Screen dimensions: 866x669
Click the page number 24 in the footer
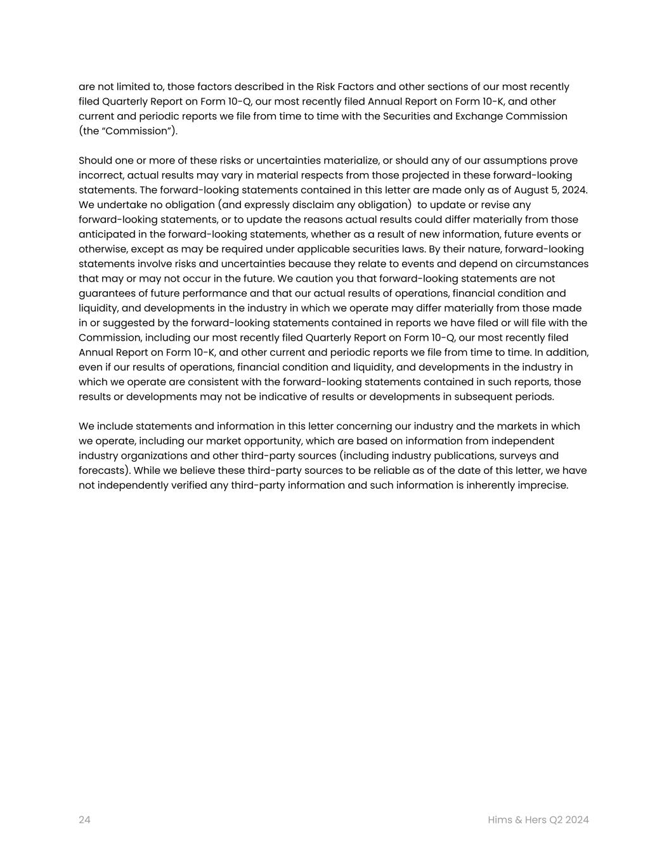pyautogui.click(x=84, y=820)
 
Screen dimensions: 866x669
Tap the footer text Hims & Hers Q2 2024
pyautogui.click(x=538, y=820)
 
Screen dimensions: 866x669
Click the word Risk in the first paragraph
pyautogui.click(x=326, y=87)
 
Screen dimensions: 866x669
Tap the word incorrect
pyautogui.click(x=100, y=175)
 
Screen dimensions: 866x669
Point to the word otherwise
pyautogui.click(x=103, y=249)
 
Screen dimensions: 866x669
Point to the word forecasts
pyautogui.click(x=105, y=471)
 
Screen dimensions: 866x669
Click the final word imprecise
pyautogui.click(x=542, y=485)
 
